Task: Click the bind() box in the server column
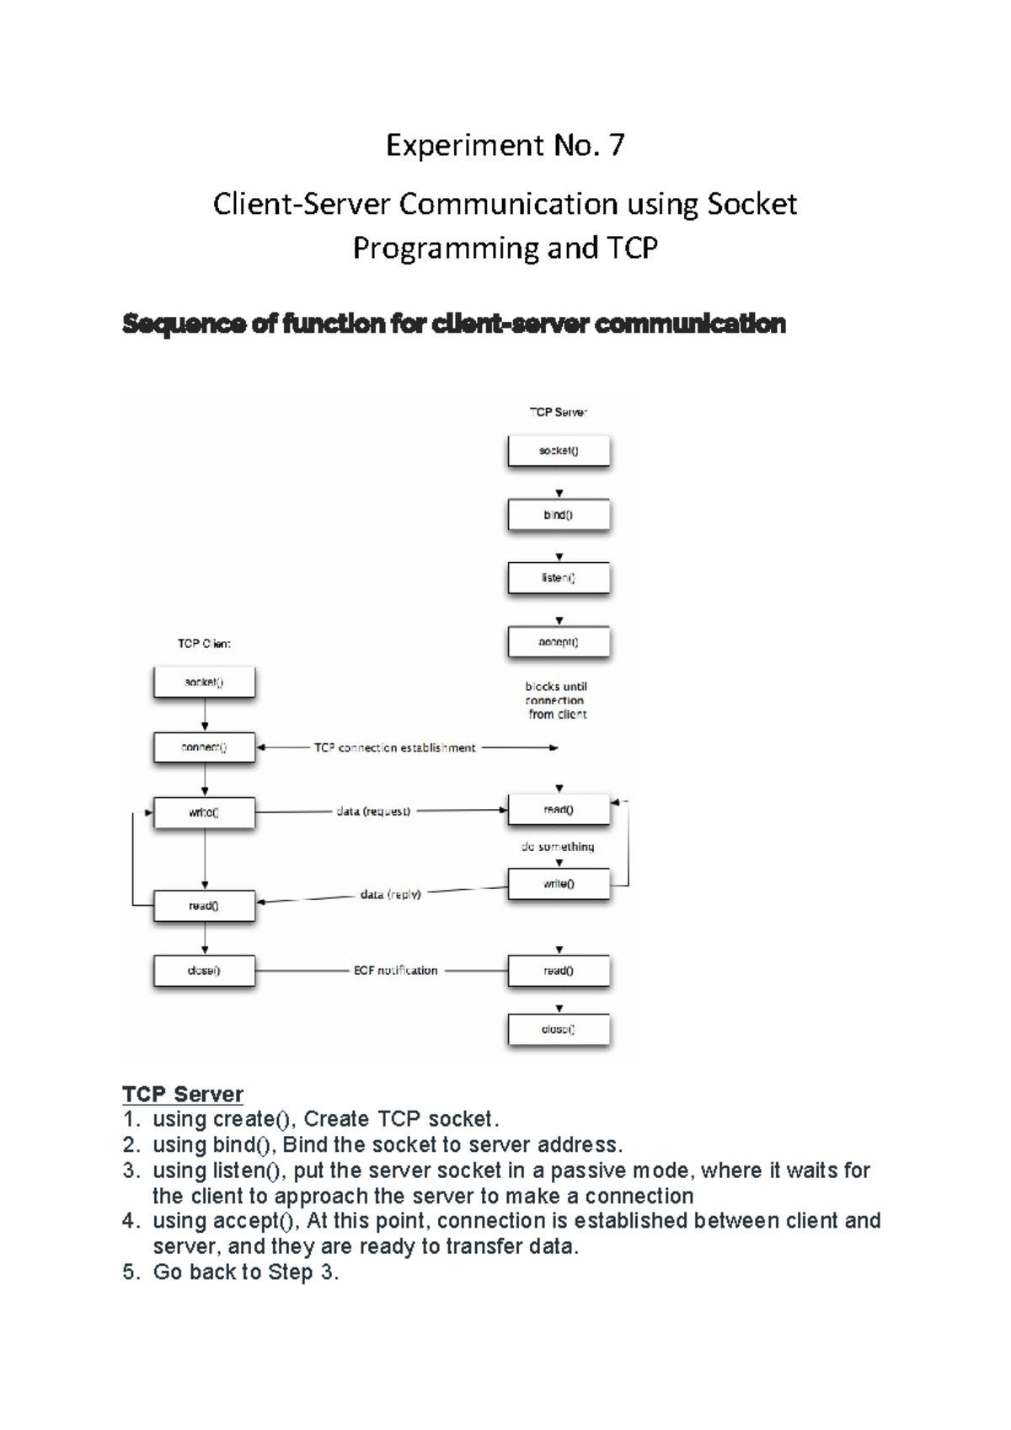[558, 515]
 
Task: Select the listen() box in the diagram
[558, 578]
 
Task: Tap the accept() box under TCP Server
[558, 642]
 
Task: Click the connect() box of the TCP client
[204, 747]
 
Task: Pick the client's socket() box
[204, 683]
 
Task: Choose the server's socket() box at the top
[558, 451]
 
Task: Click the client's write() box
[204, 812]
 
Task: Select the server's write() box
[558, 884]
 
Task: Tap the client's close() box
[204, 971]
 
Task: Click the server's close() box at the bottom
[558, 1030]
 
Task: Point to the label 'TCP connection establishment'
[394, 747]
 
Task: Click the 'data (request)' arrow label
[373, 811]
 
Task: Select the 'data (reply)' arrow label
[390, 894]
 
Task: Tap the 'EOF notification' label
[395, 971]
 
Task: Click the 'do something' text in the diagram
[558, 847]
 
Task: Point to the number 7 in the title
[617, 146]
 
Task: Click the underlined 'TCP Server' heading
[183, 1094]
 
